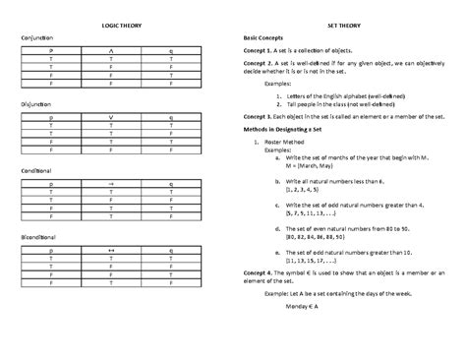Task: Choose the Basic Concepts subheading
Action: [x=268, y=38]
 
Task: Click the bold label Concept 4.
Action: [x=260, y=272]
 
